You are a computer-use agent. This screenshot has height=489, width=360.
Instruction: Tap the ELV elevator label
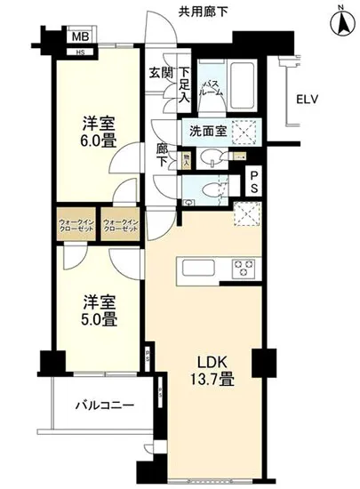point(308,99)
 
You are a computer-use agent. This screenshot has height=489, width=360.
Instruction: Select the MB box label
point(80,37)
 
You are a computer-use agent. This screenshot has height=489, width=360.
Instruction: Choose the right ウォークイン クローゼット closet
point(120,226)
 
